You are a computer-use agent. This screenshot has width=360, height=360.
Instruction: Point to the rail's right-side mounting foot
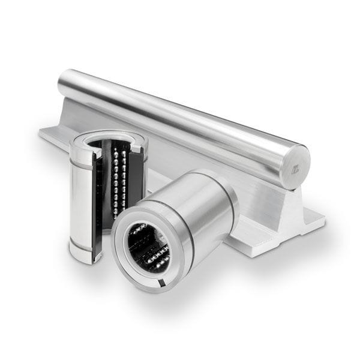309,227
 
